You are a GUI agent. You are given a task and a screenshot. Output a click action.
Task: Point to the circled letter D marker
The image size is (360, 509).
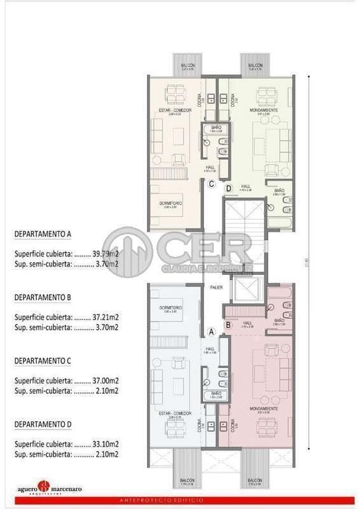click(228, 188)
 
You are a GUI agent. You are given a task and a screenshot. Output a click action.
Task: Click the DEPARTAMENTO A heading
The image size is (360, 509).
click(43, 234)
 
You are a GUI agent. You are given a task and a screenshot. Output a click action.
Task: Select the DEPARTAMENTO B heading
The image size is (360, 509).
click(43, 297)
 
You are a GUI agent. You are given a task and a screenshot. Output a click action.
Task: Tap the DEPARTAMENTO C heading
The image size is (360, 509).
click(43, 360)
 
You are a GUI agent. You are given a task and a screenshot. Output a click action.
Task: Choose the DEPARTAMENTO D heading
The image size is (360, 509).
click(43, 424)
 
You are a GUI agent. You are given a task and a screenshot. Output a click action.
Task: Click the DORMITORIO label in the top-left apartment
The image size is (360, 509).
click(169, 203)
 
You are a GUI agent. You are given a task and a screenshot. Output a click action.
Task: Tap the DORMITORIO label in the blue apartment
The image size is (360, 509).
click(170, 308)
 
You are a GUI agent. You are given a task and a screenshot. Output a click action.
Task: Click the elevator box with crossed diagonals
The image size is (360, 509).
click(244, 289)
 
